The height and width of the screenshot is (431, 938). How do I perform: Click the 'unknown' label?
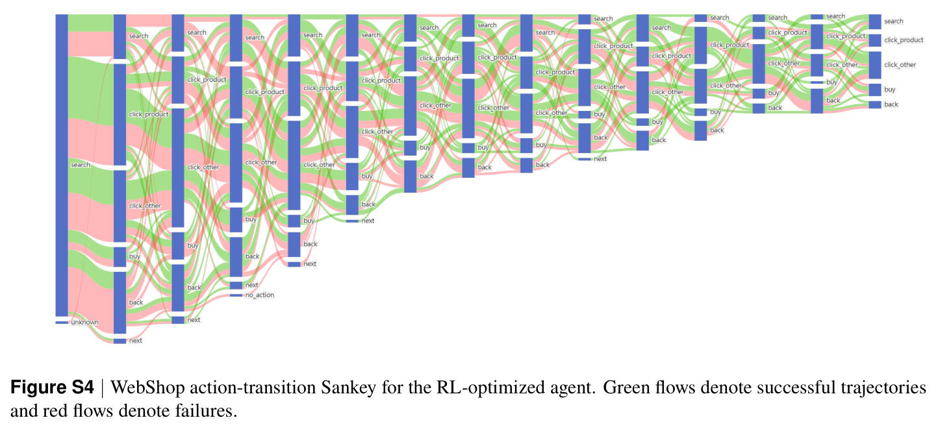[84, 322]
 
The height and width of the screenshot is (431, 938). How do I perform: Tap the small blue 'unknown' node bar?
[62, 322]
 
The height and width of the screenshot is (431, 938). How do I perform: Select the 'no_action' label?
[260, 295]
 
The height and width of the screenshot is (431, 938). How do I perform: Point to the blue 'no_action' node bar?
[236, 295]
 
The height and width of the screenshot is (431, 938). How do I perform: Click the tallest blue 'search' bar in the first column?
[62, 166]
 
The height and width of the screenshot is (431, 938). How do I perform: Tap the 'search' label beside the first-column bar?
[81, 165]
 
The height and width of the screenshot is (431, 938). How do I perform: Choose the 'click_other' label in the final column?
[900, 65]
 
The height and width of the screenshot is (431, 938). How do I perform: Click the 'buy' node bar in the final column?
[875, 90]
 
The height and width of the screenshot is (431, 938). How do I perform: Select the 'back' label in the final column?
[891, 105]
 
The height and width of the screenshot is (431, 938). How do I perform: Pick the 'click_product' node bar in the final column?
[875, 40]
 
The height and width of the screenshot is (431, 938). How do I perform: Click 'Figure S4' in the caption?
[52, 387]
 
